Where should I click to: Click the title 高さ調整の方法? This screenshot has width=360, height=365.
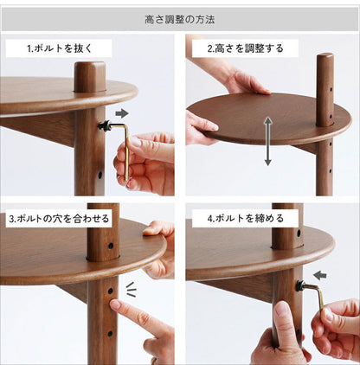pos(180,20)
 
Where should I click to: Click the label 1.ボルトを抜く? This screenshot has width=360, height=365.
pos(59,48)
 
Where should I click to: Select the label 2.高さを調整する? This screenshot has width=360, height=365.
pos(246,48)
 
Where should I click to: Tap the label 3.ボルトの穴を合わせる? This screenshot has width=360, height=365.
pos(59,218)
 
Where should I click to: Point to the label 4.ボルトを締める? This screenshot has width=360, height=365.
pos(246,218)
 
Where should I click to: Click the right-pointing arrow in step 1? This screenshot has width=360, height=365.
pos(122,113)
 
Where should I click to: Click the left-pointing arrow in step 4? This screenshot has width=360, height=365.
pos(320,275)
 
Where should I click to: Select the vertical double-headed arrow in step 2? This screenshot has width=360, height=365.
pos(268,141)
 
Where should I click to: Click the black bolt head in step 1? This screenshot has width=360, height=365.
pos(104,125)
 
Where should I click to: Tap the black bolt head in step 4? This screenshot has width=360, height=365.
pos(301,285)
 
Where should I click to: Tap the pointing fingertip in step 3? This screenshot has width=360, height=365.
pos(115,304)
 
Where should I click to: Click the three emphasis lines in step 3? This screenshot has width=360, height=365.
pos(131,289)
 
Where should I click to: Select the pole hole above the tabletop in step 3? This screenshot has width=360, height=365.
pos(111,246)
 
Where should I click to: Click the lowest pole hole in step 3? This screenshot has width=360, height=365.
pos(110,334)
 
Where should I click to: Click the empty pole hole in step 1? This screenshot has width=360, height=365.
pos(100,175)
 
